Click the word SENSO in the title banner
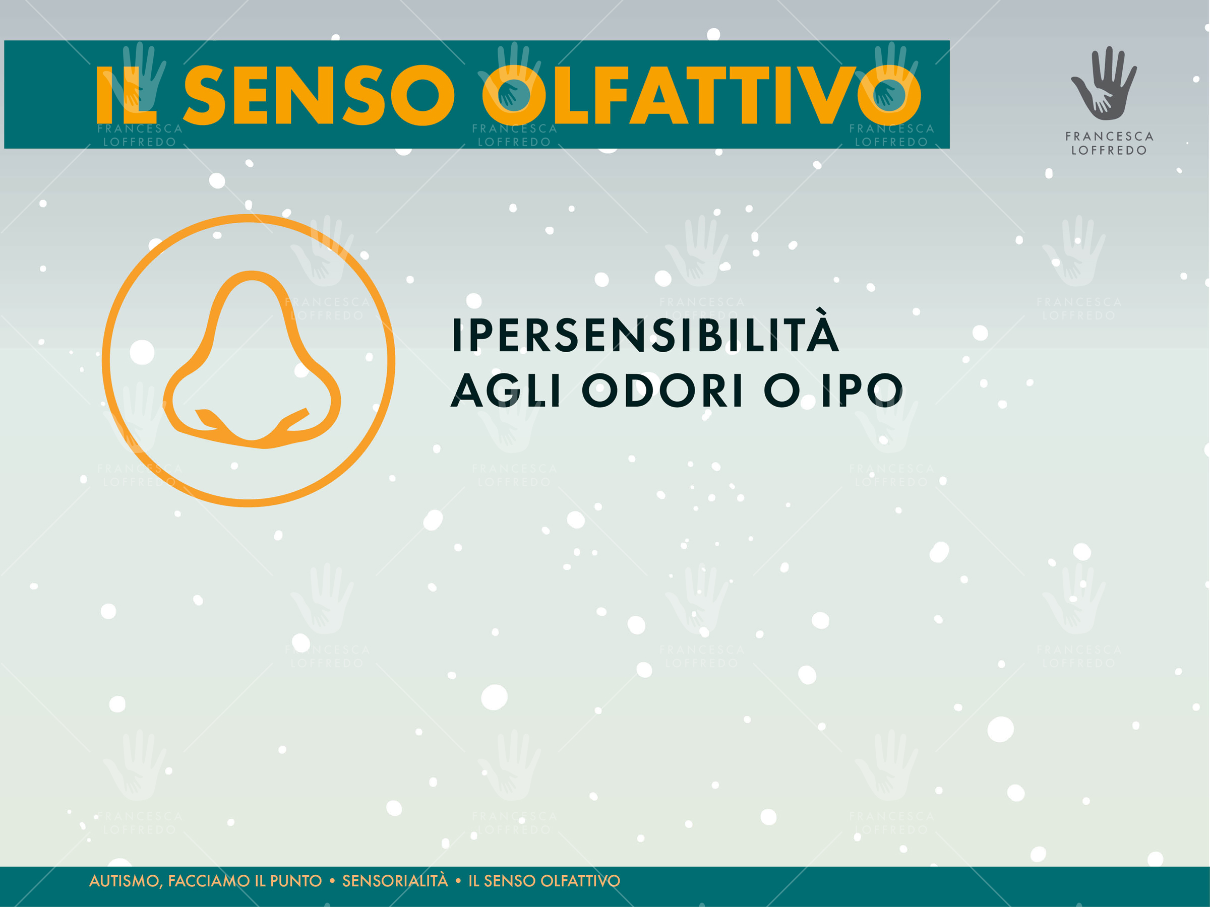(x=319, y=95)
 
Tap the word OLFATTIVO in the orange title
(x=702, y=95)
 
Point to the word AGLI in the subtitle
(x=506, y=391)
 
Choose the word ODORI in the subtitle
(x=662, y=391)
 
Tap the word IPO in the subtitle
(x=862, y=391)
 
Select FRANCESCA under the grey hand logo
(x=1109, y=136)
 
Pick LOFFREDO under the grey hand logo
(x=1109, y=150)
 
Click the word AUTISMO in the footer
(x=125, y=881)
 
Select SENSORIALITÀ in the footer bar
(x=395, y=880)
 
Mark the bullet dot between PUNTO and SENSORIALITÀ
(x=332, y=881)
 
